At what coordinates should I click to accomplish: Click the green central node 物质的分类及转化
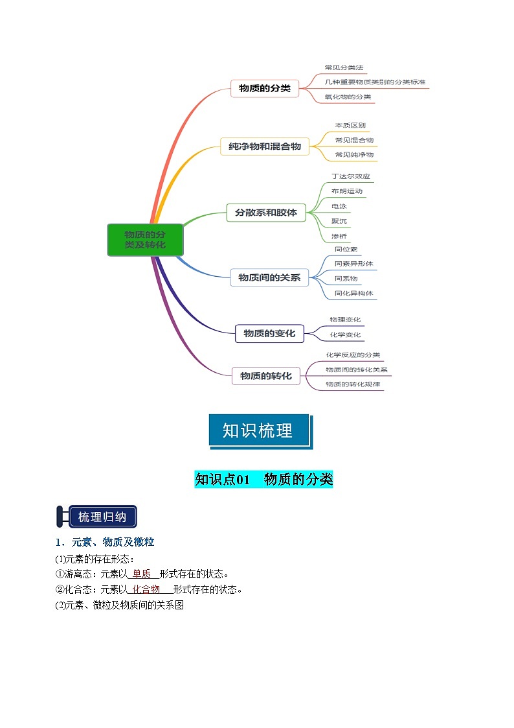tap(145, 240)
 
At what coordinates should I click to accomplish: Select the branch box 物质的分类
tap(265, 88)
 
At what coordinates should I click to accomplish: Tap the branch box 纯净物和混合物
tap(265, 147)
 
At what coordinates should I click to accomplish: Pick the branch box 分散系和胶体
tap(265, 212)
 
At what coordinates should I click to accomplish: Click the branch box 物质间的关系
tap(269, 277)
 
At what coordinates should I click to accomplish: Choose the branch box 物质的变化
tap(269, 333)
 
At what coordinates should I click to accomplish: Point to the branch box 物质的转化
tap(265, 375)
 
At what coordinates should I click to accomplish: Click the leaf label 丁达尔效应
tap(350, 176)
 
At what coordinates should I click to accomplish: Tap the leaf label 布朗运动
tap(346, 191)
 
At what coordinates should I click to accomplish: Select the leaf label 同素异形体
tap(353, 264)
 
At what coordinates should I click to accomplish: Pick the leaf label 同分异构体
tap(353, 293)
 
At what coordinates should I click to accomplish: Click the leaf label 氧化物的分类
tap(348, 97)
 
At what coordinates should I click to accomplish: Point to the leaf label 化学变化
tap(345, 335)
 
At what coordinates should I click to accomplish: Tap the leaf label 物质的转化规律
tap(353, 384)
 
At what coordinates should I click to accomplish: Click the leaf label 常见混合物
tap(354, 139)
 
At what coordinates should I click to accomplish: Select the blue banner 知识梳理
tap(258, 430)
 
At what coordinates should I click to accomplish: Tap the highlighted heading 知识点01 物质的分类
tap(263, 480)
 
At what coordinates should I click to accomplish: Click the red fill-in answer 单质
tap(141, 574)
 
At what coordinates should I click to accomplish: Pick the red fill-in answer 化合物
tap(146, 589)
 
